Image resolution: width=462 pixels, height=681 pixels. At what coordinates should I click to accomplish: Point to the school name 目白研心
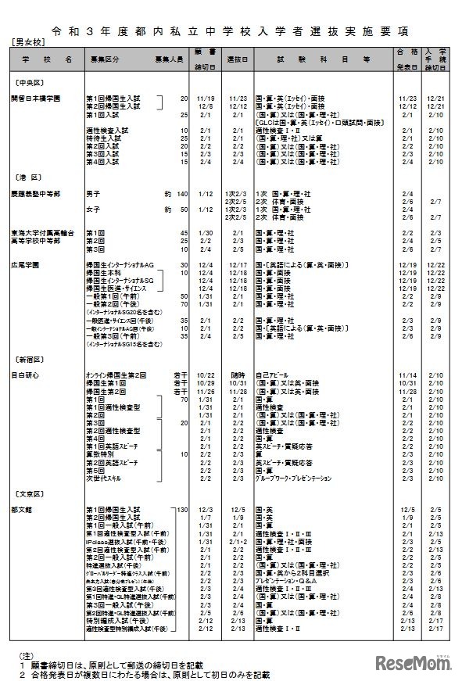coord(25,375)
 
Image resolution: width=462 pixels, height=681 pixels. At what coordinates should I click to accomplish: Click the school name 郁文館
coord(23,510)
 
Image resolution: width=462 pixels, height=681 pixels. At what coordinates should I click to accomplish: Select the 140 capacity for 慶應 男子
coord(183,192)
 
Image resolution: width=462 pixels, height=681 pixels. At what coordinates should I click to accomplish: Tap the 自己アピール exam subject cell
coord(273,375)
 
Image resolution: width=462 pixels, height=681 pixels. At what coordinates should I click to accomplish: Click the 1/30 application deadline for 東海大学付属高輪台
coord(206,232)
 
